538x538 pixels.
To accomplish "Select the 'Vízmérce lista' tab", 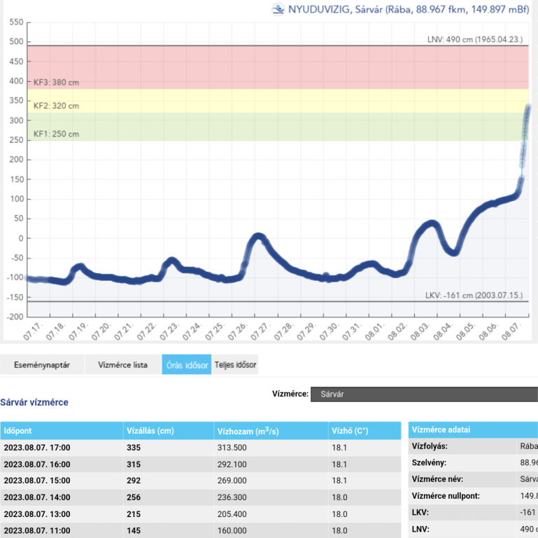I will click(122, 365).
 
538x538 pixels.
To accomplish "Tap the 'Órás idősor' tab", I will click(186, 365).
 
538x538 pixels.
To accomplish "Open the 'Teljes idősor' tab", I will click(234, 365).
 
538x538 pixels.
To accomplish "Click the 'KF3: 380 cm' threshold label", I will click(56, 82).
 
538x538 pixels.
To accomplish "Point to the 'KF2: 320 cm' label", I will click(56, 106).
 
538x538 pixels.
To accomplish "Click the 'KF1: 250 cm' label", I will click(56, 134).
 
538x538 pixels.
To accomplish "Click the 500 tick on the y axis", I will click(15, 41).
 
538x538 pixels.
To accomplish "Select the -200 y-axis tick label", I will click(13, 317).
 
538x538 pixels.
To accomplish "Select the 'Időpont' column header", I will click(17, 431).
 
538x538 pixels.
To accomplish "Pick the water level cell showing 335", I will click(133, 448).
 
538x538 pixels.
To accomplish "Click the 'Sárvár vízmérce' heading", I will click(34, 403).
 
